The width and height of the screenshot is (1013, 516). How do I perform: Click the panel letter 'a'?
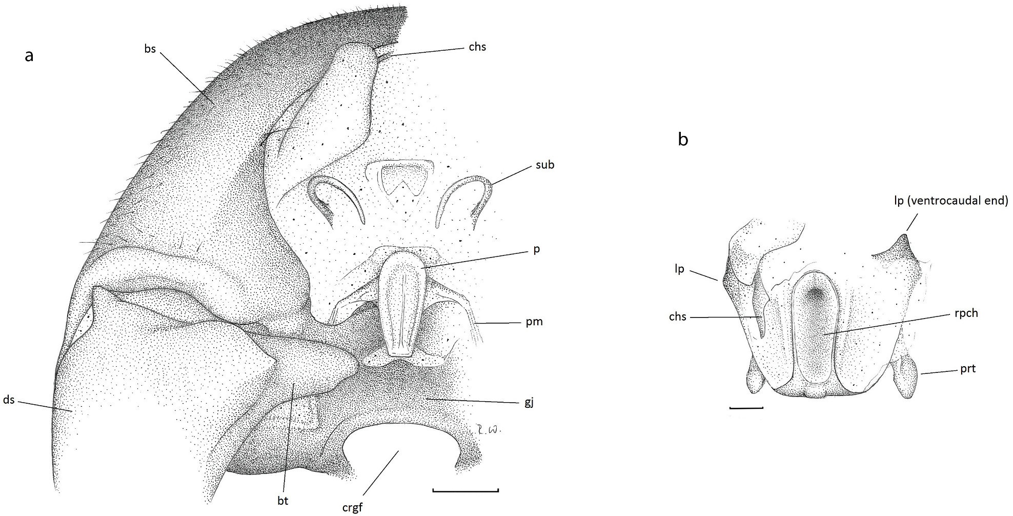tap(29, 56)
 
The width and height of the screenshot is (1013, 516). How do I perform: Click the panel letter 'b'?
tap(683, 140)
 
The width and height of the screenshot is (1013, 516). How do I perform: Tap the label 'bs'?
tap(150, 50)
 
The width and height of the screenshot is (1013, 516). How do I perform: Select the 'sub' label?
tap(544, 165)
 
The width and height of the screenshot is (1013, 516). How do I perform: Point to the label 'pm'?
tap(534, 322)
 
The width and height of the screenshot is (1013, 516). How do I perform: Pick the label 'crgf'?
tap(352, 507)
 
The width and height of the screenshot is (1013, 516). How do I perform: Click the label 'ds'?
tap(9, 400)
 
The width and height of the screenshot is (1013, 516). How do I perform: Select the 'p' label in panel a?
tap(536, 250)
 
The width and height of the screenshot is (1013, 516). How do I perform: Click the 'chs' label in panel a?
tap(477, 47)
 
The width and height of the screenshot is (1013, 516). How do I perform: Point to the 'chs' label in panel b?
tap(678, 317)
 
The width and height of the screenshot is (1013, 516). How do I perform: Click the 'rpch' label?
tap(966, 313)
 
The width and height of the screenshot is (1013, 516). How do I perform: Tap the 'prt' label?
tap(968, 369)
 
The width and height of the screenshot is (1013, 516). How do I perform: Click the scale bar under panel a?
tap(465, 491)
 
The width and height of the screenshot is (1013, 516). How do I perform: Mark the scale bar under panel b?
tap(746, 408)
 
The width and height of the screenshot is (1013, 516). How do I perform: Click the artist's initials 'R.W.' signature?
tap(484, 429)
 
